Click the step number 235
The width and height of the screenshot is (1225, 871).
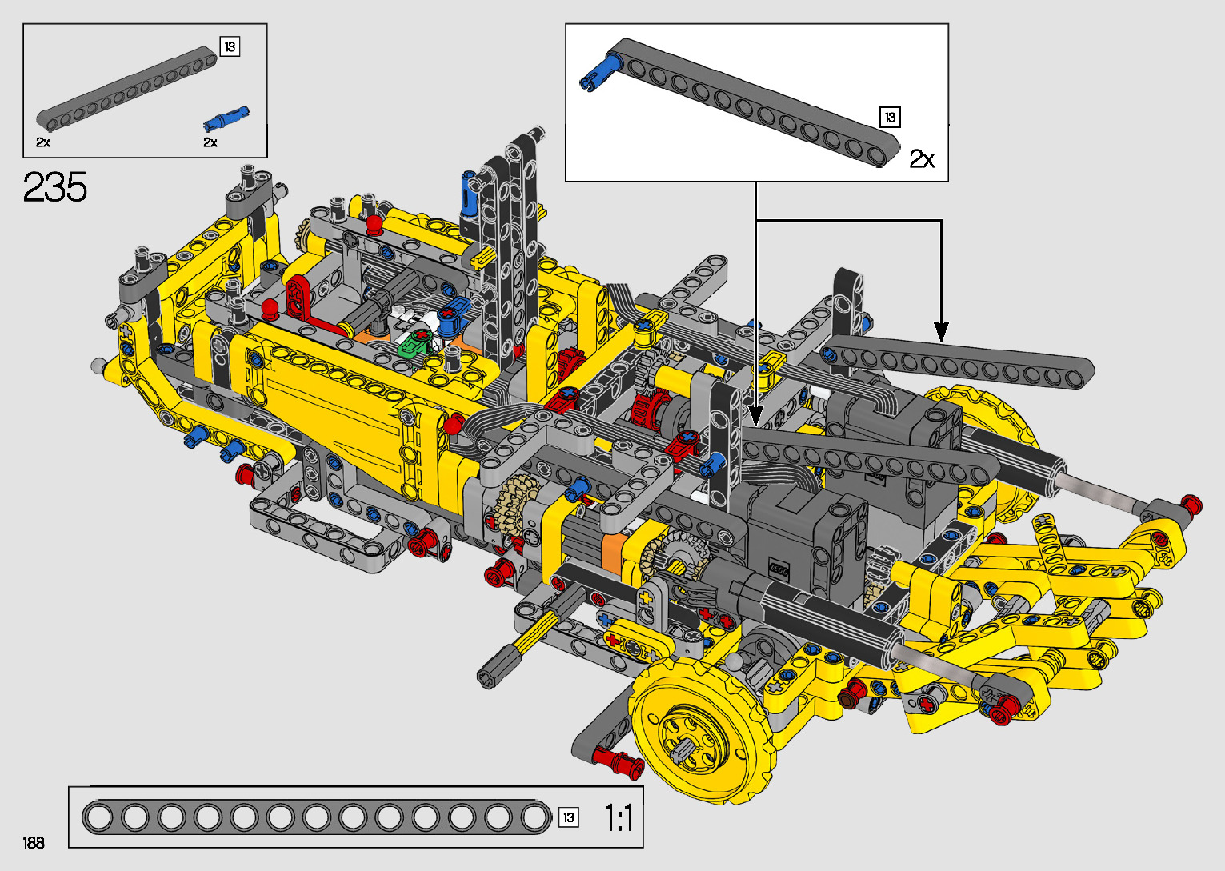coord(54,186)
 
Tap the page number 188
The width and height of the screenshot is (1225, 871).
coord(34,842)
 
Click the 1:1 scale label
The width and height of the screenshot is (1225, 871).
coord(618,818)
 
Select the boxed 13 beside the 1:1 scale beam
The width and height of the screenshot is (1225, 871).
coord(569,817)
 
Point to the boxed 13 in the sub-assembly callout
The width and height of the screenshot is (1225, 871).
coord(890,117)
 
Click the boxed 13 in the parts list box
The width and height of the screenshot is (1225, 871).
coord(230,46)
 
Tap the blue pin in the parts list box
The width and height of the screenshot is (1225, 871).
coord(226,118)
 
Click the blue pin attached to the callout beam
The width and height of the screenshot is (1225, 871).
coord(596,74)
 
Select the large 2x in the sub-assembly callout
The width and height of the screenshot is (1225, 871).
coord(922,159)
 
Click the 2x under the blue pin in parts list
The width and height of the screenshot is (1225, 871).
coord(210,142)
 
